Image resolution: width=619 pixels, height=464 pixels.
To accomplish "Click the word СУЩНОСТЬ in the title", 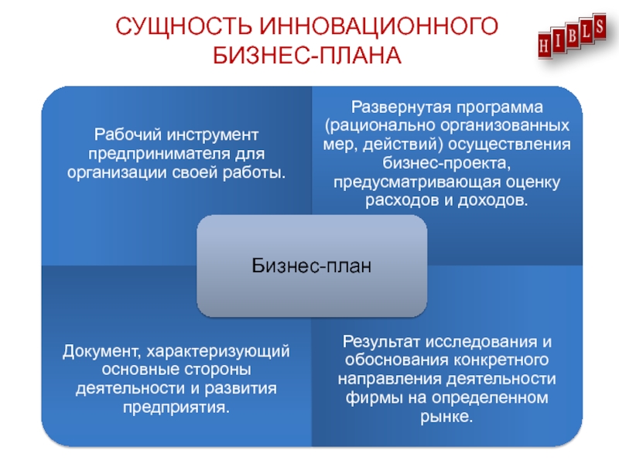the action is (x=183, y=27).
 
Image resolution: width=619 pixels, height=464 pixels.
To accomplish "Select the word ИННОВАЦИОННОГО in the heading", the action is (x=379, y=26).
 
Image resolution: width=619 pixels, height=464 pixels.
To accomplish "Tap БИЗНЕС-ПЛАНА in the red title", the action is (x=307, y=55).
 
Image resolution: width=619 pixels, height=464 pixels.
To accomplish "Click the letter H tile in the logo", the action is (x=544, y=45).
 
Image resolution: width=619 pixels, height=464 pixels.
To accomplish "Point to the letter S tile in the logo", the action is (x=599, y=26).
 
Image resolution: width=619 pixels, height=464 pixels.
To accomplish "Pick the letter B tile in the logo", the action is (x=572, y=36).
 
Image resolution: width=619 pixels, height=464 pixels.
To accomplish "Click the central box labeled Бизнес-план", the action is (x=312, y=265).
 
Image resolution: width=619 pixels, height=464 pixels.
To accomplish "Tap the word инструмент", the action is (x=213, y=135).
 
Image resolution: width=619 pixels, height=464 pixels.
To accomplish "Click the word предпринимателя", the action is (x=159, y=153).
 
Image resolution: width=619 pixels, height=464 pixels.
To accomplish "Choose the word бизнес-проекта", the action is (x=446, y=162).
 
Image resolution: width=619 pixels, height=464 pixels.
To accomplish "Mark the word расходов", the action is (x=402, y=200).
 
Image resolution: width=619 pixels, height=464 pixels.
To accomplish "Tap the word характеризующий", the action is (x=218, y=352).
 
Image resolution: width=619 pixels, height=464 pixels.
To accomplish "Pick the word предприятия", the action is (x=176, y=408).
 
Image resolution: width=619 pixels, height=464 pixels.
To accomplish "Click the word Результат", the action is (x=381, y=342).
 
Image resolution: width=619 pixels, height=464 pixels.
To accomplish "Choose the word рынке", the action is (x=446, y=417).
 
